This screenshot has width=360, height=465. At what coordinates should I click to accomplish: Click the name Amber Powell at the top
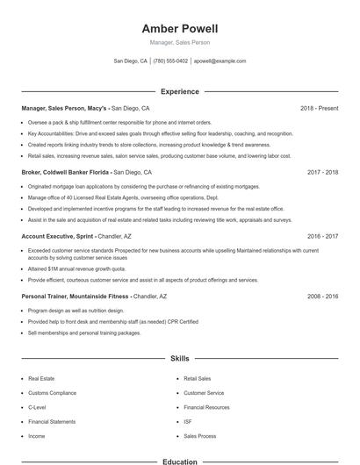[179, 28]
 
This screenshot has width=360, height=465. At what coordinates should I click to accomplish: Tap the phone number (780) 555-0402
[170, 61]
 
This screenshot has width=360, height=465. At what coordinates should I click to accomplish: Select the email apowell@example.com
[220, 61]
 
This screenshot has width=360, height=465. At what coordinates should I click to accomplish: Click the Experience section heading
[179, 91]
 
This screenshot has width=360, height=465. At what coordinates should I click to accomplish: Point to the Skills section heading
[179, 359]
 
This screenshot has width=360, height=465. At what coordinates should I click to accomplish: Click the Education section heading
[179, 461]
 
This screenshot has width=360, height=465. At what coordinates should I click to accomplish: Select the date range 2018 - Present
[319, 108]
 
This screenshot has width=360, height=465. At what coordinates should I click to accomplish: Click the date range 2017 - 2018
[322, 173]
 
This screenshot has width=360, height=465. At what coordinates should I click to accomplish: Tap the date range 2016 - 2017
[322, 236]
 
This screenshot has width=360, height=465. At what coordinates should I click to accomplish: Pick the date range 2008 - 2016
[322, 297]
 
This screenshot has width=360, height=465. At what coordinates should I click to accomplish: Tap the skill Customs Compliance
[52, 393]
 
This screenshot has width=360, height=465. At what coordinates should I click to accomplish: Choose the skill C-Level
[37, 407]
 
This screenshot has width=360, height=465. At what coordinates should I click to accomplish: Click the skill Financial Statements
[52, 421]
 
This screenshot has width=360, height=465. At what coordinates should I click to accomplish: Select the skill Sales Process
[200, 435]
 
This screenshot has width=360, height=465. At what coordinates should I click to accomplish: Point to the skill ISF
[188, 421]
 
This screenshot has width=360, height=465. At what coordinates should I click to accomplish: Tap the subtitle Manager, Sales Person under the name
[179, 42]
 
